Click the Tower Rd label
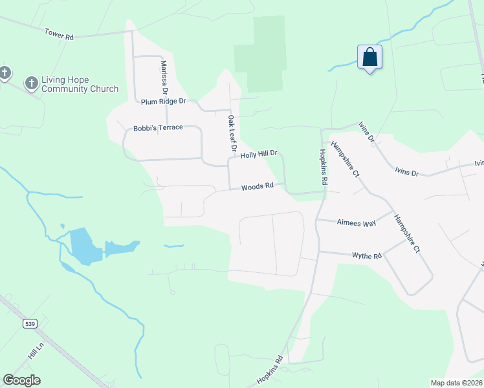59,34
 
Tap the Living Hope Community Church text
80,84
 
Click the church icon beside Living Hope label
30,83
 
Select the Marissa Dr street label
164,76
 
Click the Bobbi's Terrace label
159,128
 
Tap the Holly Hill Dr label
259,155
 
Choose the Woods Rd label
258,186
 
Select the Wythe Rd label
367,256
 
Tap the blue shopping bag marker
369,57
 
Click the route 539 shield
30,323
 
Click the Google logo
21,380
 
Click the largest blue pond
85,245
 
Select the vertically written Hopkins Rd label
323,165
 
